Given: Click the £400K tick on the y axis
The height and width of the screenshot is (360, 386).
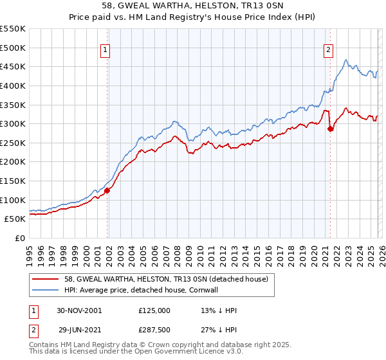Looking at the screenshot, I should (x=12, y=85).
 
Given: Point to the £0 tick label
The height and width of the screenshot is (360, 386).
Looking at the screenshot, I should (x=19, y=238).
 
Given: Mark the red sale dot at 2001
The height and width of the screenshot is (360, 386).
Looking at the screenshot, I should (x=107, y=190).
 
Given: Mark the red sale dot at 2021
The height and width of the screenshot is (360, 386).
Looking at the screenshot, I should (x=331, y=129).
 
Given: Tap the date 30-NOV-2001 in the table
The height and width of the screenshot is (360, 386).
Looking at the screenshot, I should (x=79, y=310).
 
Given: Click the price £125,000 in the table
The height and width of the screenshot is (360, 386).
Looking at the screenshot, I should (x=154, y=310).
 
